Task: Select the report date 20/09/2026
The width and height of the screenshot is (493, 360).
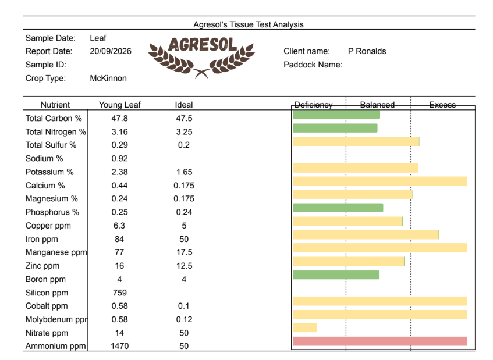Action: coord(111,51)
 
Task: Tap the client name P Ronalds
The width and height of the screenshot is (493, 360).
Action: coord(367,51)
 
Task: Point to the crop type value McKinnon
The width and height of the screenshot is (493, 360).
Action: coord(108,78)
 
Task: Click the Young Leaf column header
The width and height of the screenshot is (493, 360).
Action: coord(119,105)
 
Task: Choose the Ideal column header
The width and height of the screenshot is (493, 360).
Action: coord(184,105)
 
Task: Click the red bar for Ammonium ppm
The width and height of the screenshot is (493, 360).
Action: coord(379,341)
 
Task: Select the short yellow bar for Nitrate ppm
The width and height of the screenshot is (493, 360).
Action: coord(304,327)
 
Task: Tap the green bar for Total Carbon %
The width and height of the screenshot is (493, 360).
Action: coord(336,115)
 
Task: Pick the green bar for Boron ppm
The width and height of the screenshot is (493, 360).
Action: coord(336,275)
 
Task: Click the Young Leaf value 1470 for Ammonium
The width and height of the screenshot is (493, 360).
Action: coord(119,346)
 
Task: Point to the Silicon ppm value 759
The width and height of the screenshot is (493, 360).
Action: coord(119,293)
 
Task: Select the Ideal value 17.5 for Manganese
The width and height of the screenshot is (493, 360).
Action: coord(184,252)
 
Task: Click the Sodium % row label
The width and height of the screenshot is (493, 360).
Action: coord(44,158)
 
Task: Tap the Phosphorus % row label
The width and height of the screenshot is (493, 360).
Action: coord(52,212)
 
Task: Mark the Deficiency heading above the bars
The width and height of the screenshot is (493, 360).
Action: coord(313,105)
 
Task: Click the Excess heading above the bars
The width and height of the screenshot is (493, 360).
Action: coord(442,105)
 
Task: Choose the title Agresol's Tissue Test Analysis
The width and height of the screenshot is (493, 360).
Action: coord(249,24)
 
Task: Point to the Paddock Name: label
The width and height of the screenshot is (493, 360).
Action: coord(313,65)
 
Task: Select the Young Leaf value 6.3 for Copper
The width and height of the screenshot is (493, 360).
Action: coord(119,226)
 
